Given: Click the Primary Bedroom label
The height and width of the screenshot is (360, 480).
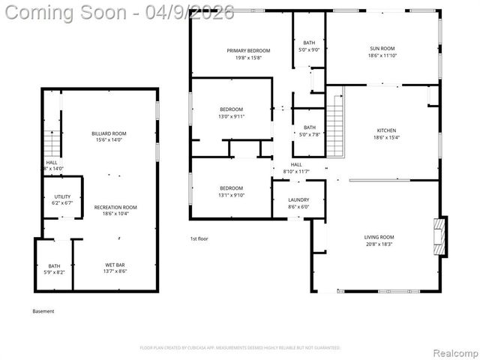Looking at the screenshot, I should click(248, 50).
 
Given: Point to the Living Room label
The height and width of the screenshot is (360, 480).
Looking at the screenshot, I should click(379, 237).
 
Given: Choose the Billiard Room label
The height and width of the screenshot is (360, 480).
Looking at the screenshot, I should click(109, 133).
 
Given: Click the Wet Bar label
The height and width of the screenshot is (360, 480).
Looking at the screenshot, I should click(115, 265).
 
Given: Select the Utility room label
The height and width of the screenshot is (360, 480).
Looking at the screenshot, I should click(61, 196).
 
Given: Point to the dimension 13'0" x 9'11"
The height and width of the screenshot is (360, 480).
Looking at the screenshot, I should click(231, 116).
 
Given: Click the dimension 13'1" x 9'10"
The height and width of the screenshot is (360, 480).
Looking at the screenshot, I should click(231, 195).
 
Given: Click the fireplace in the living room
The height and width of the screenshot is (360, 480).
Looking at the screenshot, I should click(442, 236).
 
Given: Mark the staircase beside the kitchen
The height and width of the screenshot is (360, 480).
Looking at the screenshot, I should click(335, 110).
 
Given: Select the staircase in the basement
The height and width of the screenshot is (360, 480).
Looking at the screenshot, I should click(51, 142).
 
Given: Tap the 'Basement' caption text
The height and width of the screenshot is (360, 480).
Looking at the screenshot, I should click(43, 311).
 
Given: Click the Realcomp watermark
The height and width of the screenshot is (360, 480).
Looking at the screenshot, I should click(451, 352).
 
